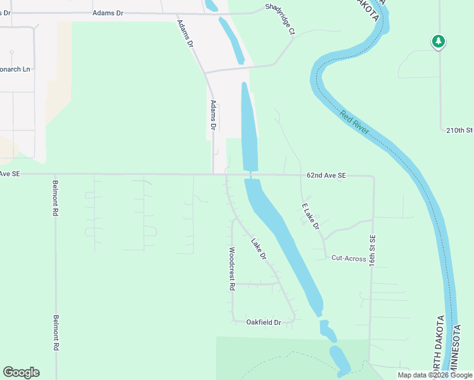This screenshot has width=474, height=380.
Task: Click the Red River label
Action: click(354, 122)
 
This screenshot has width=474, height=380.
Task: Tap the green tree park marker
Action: click(438, 42)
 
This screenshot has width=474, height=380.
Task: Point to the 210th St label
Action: click(459, 130)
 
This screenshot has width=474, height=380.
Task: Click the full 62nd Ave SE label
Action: click(326, 175)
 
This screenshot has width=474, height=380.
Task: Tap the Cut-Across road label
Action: click(349, 258)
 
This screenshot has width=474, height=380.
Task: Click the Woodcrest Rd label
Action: click(232, 269)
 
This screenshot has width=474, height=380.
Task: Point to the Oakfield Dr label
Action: click(263, 322)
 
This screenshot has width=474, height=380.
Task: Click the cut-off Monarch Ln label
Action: click(15, 69)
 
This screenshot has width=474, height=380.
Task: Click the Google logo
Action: click(21, 372)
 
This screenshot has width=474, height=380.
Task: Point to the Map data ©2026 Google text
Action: click(435, 375)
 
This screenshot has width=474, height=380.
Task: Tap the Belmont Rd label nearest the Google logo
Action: click(56, 333)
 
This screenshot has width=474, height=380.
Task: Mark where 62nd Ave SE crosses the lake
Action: click(250, 175)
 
